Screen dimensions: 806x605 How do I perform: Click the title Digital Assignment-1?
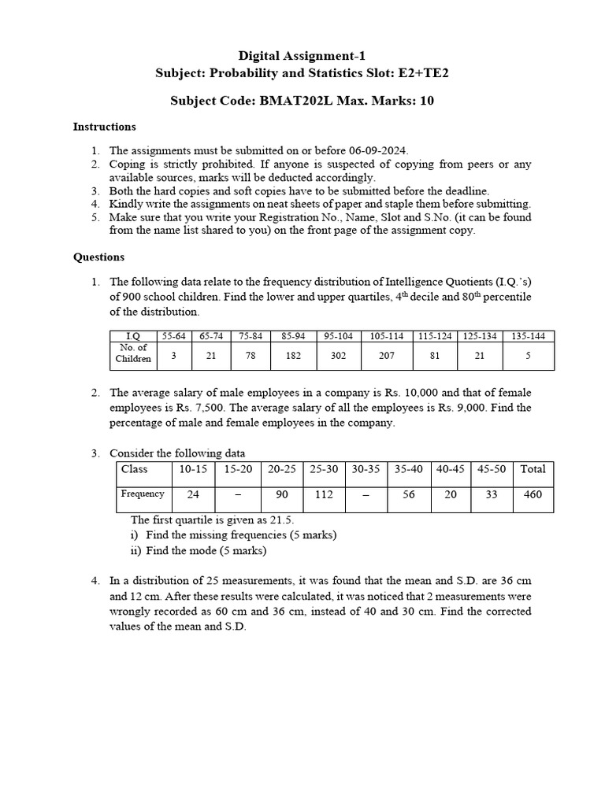(x=302, y=55)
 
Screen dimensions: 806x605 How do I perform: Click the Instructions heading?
(x=104, y=126)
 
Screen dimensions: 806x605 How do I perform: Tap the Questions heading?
(x=98, y=257)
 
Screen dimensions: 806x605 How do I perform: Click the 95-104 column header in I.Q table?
(x=338, y=336)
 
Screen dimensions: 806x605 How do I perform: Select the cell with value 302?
(x=338, y=355)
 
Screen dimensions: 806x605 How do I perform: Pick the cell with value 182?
(x=293, y=355)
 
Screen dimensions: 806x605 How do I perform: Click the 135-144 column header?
(x=528, y=336)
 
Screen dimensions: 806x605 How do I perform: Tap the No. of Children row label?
(x=132, y=353)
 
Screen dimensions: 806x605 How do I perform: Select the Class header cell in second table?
(x=135, y=469)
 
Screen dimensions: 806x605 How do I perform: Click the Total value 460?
(x=533, y=495)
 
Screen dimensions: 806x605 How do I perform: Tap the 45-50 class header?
(x=492, y=469)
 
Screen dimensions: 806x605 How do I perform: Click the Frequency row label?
(x=143, y=494)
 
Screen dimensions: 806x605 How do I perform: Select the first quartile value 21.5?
(x=280, y=520)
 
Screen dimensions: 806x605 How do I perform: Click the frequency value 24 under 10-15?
(x=192, y=495)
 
